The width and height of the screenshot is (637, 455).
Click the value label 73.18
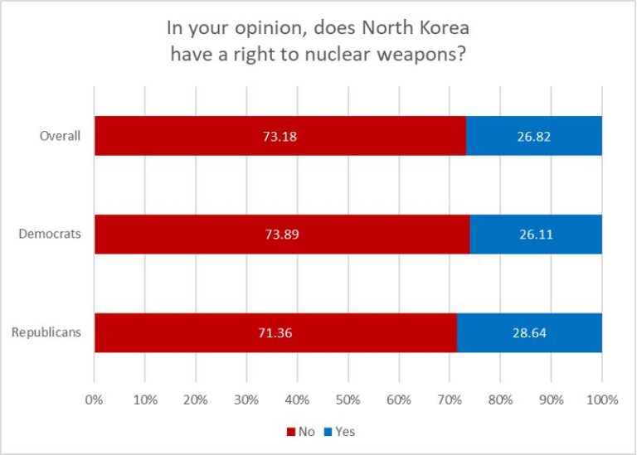coord(280,136)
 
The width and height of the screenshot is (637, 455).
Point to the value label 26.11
coord(536,235)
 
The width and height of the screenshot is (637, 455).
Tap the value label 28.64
coord(529,333)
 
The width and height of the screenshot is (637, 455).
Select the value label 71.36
coord(275,333)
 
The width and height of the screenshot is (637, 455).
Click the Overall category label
coord(60,136)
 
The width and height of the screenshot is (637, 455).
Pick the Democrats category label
coord(50,235)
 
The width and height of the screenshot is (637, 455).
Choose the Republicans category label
coord(46,333)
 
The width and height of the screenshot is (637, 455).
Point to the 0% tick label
coord(94,399)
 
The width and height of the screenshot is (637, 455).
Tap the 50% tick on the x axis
coord(348,399)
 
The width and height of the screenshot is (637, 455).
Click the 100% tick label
coord(602,399)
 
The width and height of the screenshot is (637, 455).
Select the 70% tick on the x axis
coord(450,399)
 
